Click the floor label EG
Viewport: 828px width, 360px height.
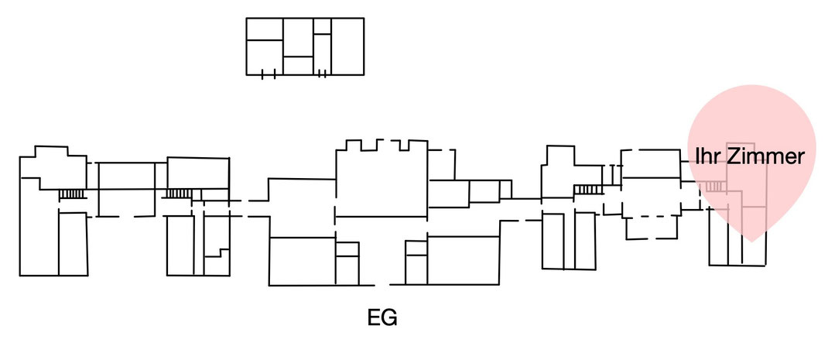[x=381, y=317]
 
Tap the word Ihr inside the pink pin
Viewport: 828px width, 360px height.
[x=707, y=156]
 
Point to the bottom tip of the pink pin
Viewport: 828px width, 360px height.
[x=752, y=242]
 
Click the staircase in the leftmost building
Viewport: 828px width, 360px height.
[x=72, y=194]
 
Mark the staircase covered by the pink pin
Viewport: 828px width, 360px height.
[x=714, y=186]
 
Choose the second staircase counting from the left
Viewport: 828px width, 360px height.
[x=179, y=194]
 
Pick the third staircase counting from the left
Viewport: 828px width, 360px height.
[x=588, y=189]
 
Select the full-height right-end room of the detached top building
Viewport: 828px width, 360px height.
[x=347, y=46]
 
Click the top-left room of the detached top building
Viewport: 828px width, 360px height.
[x=265, y=29]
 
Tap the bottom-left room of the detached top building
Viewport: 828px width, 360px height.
[x=265, y=57]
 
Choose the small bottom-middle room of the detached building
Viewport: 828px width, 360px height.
[x=298, y=66]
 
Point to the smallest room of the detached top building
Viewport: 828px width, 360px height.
[x=322, y=26]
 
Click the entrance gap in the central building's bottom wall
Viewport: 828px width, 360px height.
[x=382, y=286]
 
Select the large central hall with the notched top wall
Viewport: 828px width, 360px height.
[x=381, y=179]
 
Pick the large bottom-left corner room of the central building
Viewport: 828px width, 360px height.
[x=302, y=261]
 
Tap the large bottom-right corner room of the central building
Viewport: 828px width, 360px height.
[x=463, y=261]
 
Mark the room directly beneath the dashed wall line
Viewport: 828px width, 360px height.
[x=651, y=228]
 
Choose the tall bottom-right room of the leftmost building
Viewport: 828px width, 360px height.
[x=73, y=244]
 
